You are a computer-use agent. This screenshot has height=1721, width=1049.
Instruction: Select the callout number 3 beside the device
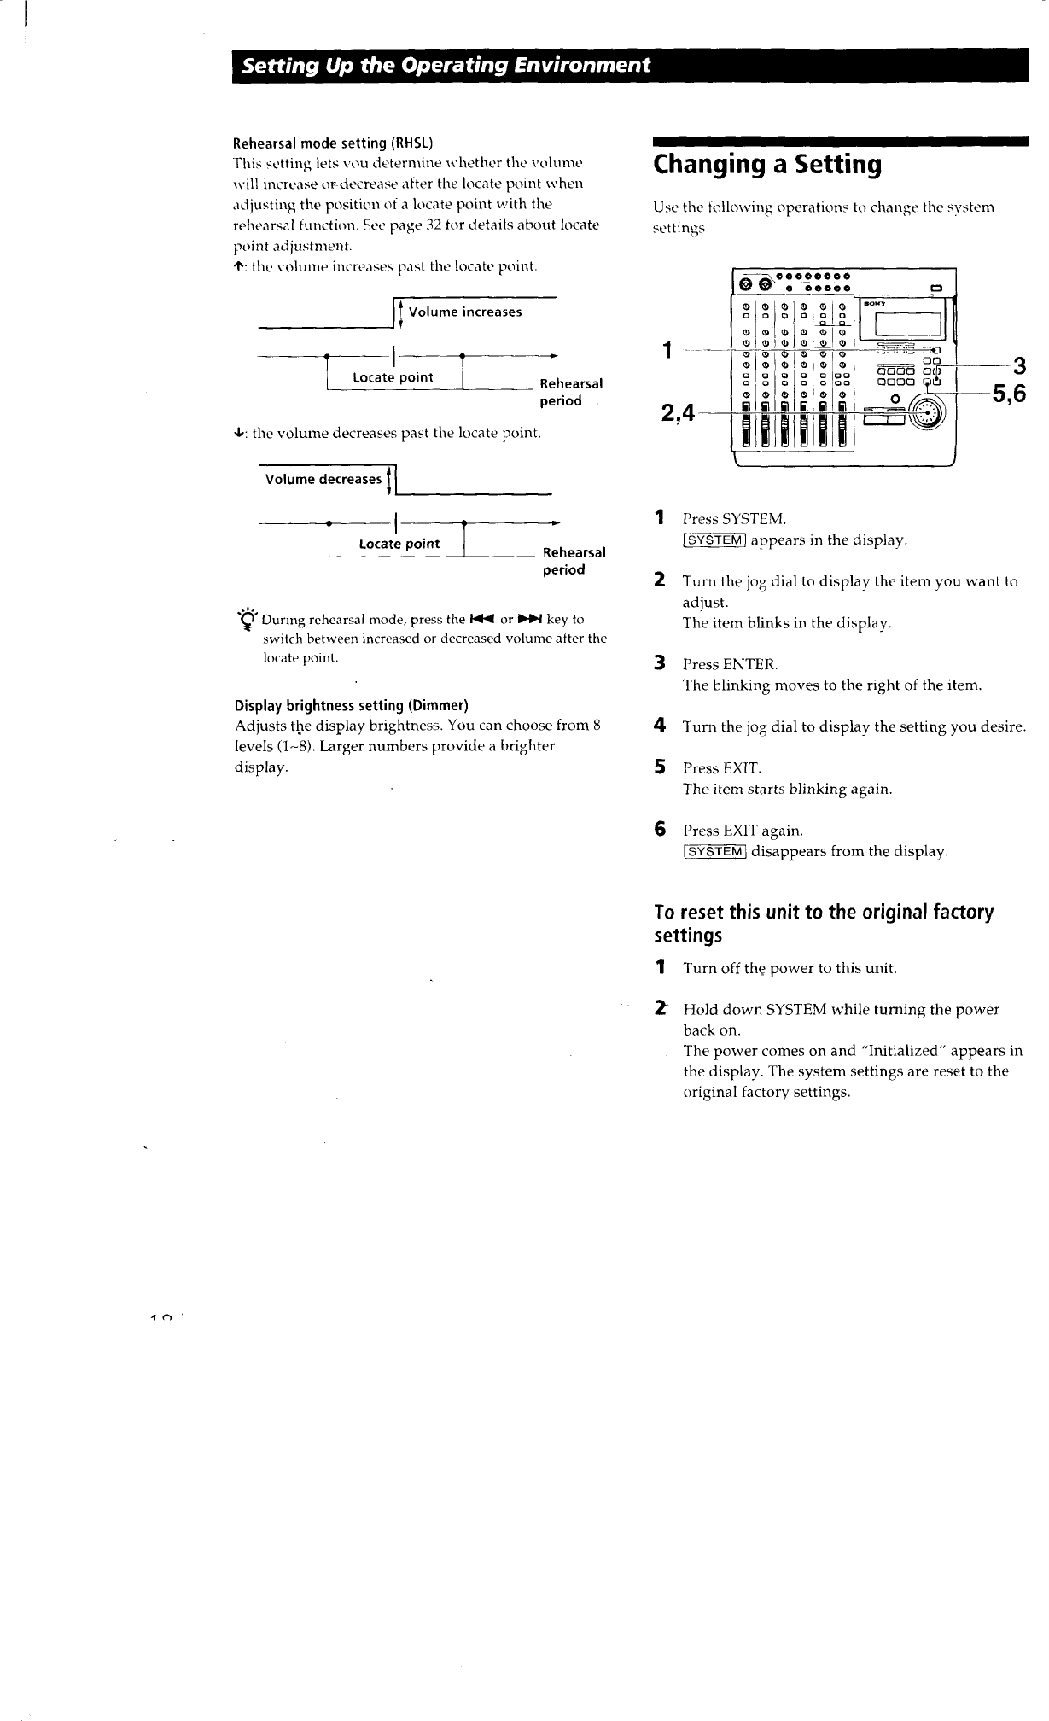(x=1018, y=367)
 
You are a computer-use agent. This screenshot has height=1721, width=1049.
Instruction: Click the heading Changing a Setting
(x=767, y=164)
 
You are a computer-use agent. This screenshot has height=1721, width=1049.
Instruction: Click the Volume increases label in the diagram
(x=465, y=312)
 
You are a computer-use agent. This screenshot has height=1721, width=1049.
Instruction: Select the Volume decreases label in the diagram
(x=323, y=479)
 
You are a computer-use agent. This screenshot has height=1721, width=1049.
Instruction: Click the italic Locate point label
(x=399, y=544)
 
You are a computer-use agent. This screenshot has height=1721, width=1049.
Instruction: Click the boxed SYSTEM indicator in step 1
(x=715, y=540)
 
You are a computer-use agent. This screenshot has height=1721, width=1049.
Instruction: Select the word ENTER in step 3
(x=749, y=665)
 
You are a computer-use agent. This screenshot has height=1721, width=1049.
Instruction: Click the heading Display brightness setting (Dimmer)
(x=352, y=705)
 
